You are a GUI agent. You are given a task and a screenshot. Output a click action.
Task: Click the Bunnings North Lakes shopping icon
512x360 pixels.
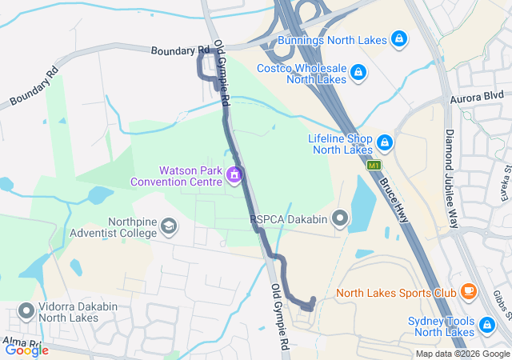click(x=398, y=39)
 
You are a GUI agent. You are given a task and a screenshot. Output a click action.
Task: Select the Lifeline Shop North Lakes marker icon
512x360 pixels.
click(x=385, y=142)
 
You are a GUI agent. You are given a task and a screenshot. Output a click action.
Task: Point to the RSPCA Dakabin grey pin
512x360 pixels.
click(x=341, y=218)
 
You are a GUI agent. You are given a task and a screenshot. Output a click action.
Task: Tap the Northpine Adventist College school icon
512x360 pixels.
click(x=169, y=227)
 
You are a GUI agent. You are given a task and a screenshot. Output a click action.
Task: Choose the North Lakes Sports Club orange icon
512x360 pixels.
click(x=468, y=292)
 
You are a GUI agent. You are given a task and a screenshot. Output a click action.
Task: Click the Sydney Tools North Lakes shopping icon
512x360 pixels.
click(x=486, y=325)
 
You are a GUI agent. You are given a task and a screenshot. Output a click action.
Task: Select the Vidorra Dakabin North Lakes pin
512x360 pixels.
click(x=26, y=310)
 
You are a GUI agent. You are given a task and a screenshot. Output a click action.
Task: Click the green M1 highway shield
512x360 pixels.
click(x=373, y=165)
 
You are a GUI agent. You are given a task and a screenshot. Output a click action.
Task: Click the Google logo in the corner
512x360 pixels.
click(x=26, y=350)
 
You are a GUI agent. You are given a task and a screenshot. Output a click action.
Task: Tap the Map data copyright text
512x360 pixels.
click(x=462, y=354)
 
